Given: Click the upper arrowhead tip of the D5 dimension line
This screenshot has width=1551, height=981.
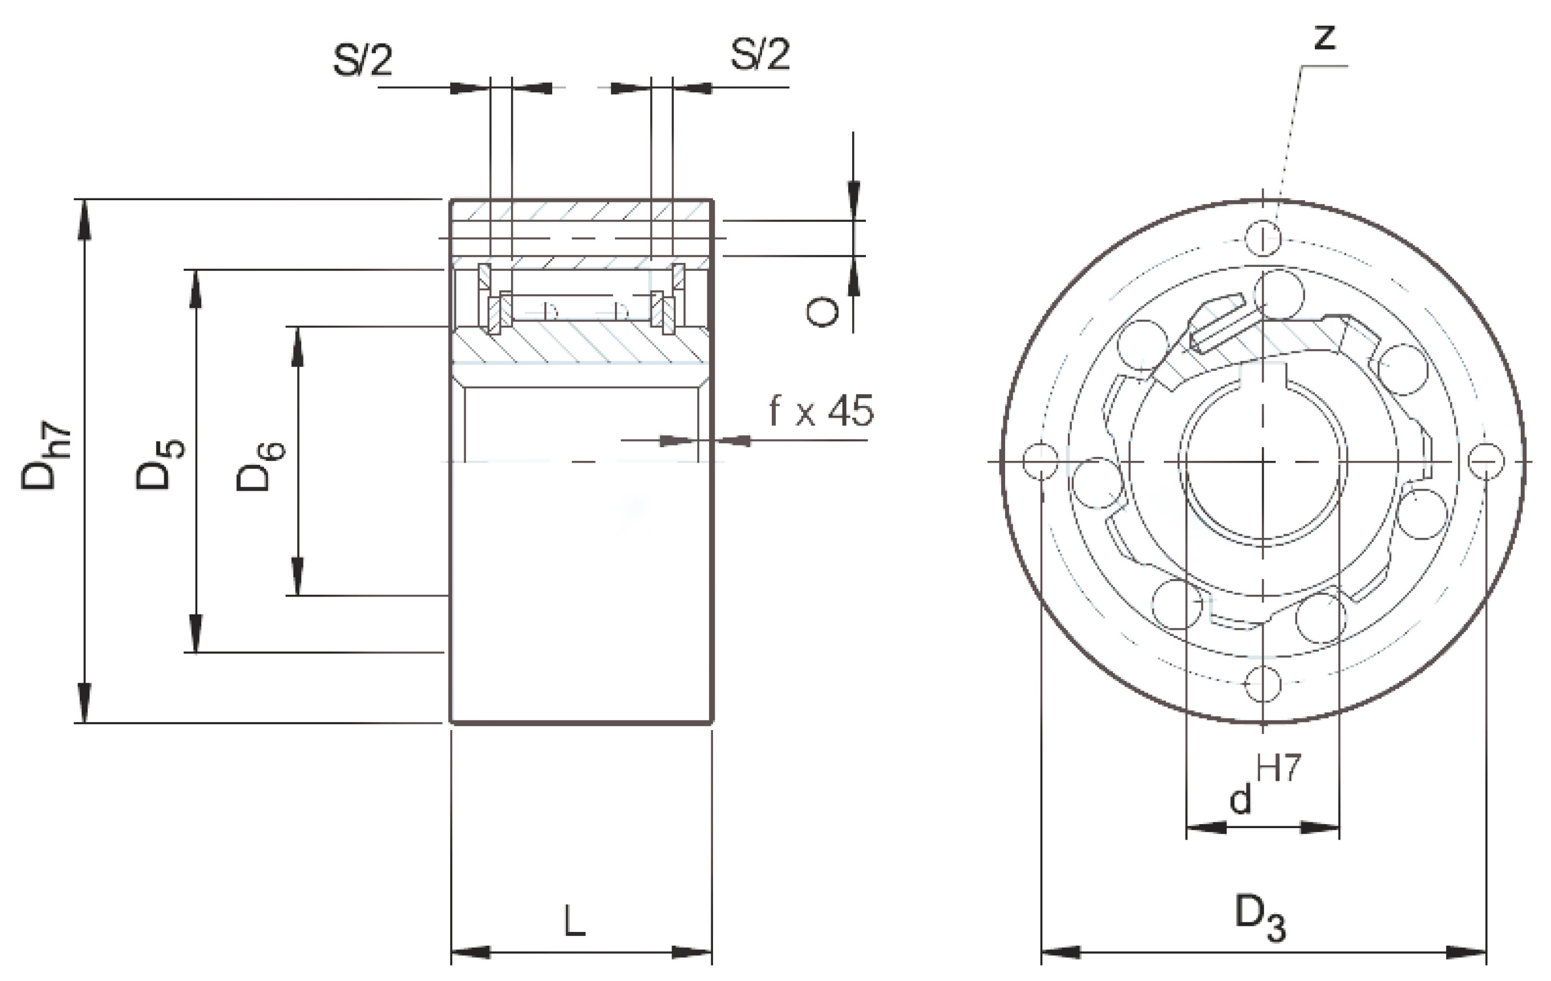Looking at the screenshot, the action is (196, 270).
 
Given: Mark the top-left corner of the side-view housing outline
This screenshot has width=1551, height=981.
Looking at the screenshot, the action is (450, 200).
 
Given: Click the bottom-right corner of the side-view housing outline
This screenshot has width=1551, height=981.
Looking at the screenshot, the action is (712, 723).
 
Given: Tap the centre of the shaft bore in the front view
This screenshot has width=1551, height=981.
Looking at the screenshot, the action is (1263, 462).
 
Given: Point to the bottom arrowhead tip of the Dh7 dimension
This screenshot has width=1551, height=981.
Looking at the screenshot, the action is (84, 723).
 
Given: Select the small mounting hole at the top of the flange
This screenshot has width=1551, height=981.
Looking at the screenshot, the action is (1262, 238).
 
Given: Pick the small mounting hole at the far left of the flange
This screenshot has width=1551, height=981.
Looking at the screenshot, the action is (1041, 461).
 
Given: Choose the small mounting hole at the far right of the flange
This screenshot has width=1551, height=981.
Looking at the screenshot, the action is (1486, 461).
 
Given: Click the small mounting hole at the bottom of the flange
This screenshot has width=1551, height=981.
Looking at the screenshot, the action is (1262, 684).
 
